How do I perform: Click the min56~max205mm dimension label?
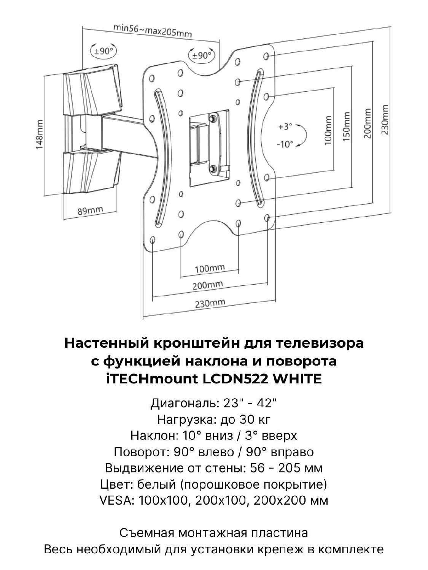coord(153,31)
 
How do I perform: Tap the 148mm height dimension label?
coord(39,135)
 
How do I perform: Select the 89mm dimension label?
coord(90,210)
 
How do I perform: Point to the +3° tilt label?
coord(285,127)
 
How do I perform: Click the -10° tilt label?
coord(285,144)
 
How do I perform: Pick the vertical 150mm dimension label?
coord(346,127)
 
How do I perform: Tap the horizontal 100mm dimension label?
coord(210,268)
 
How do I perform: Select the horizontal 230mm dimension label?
coord(210,303)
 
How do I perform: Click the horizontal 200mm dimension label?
coord(208,285)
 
